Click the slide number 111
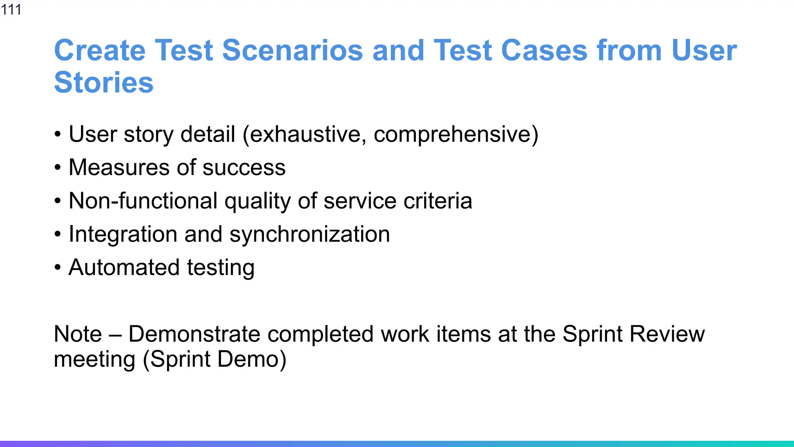(x=11, y=9)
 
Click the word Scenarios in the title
(x=292, y=50)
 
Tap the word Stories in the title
(x=104, y=83)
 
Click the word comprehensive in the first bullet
(x=454, y=134)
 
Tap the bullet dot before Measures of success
(x=58, y=168)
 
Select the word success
(x=244, y=168)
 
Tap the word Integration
(x=123, y=234)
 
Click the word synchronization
(x=309, y=234)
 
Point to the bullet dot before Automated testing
(x=58, y=268)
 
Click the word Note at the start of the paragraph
(x=78, y=334)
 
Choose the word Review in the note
(x=667, y=334)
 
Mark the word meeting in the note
(x=94, y=359)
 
